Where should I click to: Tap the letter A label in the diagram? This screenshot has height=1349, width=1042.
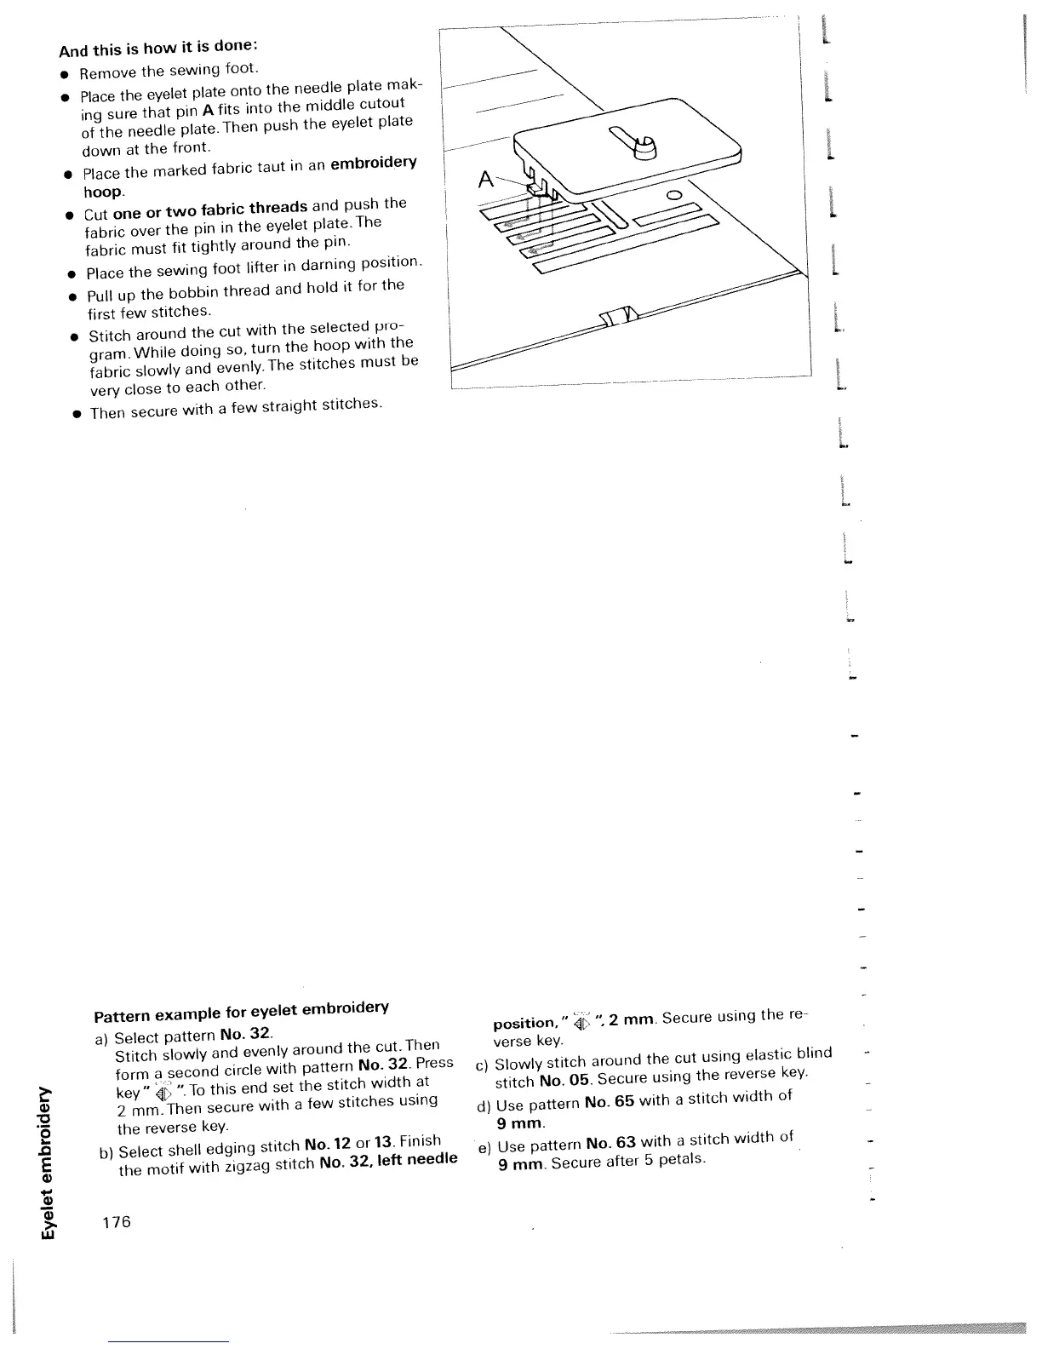point(486,180)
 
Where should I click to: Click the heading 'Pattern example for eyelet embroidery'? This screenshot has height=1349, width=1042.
point(241,1012)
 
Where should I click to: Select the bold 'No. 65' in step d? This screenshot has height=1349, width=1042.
point(611,1103)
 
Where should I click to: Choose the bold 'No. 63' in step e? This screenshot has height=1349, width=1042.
point(613,1144)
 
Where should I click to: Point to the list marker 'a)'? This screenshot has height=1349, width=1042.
point(101,1040)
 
